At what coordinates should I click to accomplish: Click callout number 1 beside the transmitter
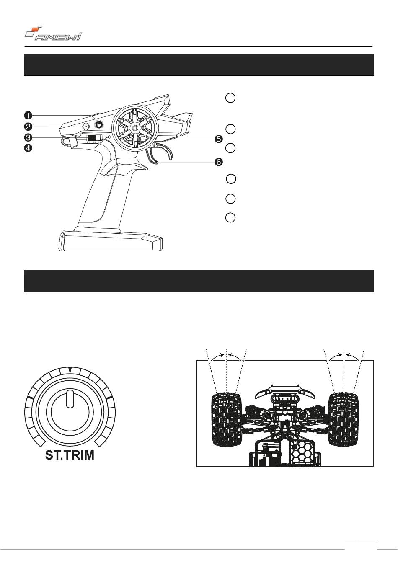click(28, 115)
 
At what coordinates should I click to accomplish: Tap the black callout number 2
click(28, 126)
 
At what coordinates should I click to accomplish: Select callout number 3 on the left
click(28, 137)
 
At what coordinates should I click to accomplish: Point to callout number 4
click(28, 148)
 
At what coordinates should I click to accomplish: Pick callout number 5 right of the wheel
click(218, 139)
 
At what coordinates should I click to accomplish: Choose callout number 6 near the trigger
click(218, 162)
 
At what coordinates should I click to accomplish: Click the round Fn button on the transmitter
click(85, 126)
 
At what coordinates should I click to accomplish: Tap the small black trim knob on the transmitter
click(99, 124)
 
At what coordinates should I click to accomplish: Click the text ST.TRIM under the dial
click(70, 455)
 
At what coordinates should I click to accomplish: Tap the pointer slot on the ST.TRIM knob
click(70, 399)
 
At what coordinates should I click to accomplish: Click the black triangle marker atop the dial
click(70, 370)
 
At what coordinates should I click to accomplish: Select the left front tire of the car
click(226, 419)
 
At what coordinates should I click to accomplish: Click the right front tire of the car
click(344, 419)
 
